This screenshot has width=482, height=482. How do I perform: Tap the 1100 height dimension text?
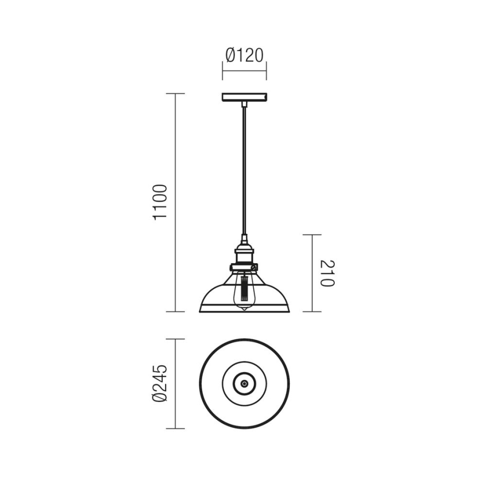(159, 202)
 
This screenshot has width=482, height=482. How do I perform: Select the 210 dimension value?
(328, 273)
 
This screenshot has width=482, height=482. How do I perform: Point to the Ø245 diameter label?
(159, 383)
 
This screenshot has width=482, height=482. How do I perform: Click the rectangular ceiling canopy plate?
(244, 98)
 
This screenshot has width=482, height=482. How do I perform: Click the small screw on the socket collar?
(255, 268)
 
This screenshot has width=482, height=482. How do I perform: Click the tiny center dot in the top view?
(244, 383)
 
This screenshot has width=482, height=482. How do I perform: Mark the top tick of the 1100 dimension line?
(176, 94)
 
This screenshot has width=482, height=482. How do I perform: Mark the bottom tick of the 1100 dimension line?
(176, 312)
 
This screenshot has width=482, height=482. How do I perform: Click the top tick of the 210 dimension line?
(312, 235)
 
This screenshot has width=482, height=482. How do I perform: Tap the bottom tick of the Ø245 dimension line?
(176, 428)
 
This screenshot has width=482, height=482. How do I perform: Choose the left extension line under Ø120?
(223, 71)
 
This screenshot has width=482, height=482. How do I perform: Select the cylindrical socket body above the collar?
(244, 255)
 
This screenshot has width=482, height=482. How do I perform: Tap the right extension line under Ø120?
(267, 71)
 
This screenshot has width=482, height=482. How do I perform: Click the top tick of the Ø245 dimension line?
(176, 339)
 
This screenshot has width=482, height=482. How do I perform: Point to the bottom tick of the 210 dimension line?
(312, 312)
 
